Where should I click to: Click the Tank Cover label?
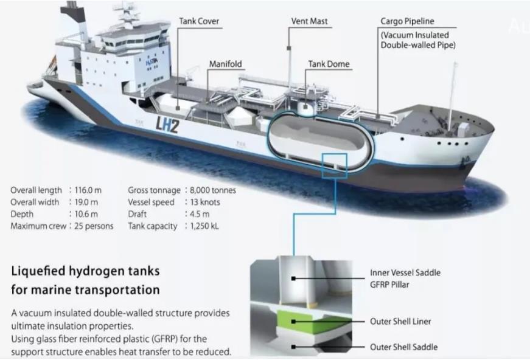[199, 21]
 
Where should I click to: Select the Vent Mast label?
[309, 21]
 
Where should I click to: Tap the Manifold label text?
[226, 63]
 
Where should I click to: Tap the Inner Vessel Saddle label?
[405, 273]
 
